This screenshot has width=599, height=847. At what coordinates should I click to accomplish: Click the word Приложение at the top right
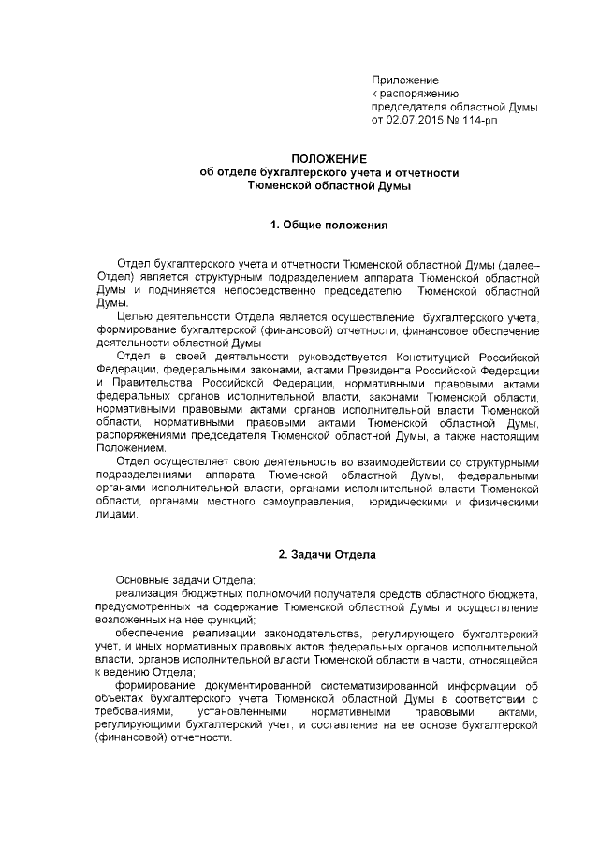[x=405, y=80]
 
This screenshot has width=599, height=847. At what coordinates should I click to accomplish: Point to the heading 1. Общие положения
[x=329, y=226]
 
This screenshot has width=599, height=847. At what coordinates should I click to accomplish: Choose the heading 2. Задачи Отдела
[x=329, y=555]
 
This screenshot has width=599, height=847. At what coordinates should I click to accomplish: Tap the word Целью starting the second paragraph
[x=133, y=317]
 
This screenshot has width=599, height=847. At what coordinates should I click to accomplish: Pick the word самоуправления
[x=302, y=502]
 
